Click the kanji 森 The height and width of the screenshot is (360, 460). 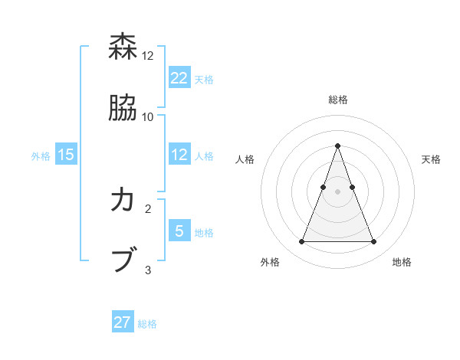123,47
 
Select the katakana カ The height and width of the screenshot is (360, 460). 123,201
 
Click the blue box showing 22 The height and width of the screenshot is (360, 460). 179,77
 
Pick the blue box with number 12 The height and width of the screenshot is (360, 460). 179,155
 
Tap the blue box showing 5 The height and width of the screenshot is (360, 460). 179,231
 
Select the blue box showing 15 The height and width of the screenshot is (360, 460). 66,155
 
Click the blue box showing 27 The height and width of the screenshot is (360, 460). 123,322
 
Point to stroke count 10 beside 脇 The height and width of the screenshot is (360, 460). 148,116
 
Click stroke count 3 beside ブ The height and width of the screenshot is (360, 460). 148,270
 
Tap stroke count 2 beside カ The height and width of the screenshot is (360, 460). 148,208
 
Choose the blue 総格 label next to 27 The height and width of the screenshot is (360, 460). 147,324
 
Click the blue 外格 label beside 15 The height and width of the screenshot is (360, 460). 41,156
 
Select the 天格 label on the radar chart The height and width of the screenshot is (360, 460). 431,159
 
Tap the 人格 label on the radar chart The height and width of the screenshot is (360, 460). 245,159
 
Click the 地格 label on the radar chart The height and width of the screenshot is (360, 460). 402,262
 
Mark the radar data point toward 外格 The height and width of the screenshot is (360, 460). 301,242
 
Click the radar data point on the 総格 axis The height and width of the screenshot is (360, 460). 337,146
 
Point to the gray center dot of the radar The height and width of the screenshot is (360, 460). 337,191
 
